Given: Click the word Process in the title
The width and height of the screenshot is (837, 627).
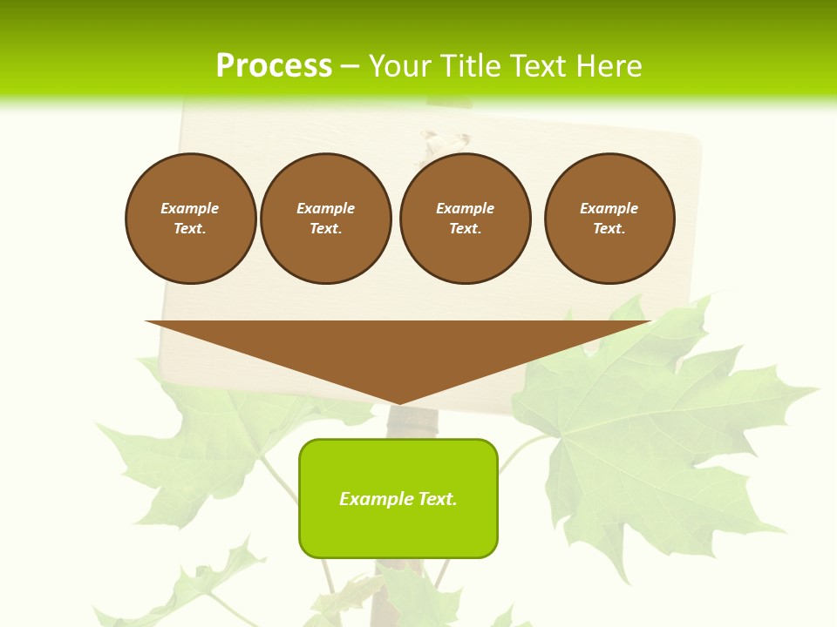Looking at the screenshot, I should [274, 66].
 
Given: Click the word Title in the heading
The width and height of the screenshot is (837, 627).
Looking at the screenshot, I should [470, 66].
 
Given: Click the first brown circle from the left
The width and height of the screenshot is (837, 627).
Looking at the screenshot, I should [190, 219].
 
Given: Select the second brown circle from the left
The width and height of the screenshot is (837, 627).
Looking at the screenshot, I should [326, 219].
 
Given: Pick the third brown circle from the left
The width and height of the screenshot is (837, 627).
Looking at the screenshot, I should [465, 219].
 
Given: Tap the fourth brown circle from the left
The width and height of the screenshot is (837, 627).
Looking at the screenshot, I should [609, 219].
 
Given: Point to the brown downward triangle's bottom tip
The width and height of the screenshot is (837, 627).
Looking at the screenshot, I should [398, 401].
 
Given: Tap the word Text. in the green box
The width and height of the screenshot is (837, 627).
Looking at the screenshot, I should [439, 499].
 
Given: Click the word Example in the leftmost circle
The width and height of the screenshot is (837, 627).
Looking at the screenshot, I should [190, 208].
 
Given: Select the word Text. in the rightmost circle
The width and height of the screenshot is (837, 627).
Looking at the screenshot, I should [609, 229].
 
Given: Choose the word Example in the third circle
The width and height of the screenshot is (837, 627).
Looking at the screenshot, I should [465, 208].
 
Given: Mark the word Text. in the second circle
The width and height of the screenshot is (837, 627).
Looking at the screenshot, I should [326, 229].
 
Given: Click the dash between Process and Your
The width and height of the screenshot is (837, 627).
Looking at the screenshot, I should [350, 66].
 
